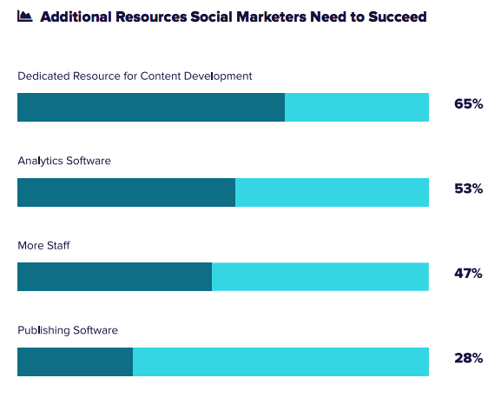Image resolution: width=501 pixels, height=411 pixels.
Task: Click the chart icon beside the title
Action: (25, 17)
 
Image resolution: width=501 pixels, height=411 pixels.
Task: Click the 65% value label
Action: (468, 104)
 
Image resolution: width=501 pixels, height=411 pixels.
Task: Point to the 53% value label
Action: (468, 189)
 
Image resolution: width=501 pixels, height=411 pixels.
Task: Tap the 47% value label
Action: (468, 273)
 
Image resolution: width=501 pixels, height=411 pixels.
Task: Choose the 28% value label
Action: (468, 357)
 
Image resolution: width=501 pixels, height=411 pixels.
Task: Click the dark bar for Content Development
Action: (151, 107)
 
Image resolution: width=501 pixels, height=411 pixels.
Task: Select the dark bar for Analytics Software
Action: (126, 192)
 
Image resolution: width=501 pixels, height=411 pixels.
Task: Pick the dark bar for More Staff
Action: (115, 276)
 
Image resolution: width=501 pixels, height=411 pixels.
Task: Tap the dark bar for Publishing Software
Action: (75, 361)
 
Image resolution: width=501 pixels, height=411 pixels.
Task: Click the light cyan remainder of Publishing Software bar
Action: (280, 361)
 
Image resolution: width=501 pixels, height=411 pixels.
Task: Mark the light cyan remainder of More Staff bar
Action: (320, 276)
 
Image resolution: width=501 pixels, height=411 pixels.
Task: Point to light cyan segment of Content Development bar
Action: (357, 107)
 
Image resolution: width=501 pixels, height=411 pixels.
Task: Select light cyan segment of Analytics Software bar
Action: (332, 192)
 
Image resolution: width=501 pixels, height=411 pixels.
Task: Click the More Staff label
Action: (43, 246)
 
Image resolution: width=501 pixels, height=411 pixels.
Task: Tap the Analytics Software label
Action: (64, 161)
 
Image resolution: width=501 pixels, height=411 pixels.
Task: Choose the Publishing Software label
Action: (68, 330)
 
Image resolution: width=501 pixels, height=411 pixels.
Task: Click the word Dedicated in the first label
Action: (43, 76)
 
